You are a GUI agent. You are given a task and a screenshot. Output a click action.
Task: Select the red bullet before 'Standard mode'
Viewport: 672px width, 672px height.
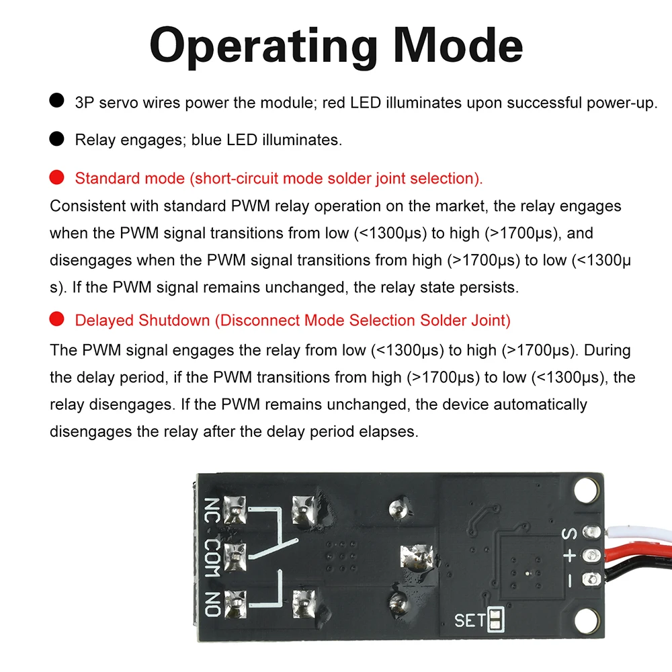(57, 178)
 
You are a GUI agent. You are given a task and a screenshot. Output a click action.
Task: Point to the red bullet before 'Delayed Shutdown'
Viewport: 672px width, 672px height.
(57, 320)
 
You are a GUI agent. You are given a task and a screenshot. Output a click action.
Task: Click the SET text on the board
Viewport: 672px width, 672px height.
(470, 619)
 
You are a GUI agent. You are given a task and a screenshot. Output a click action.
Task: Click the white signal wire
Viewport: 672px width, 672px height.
(638, 533)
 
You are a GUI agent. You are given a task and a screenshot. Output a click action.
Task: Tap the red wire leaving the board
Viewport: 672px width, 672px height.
(638, 555)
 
